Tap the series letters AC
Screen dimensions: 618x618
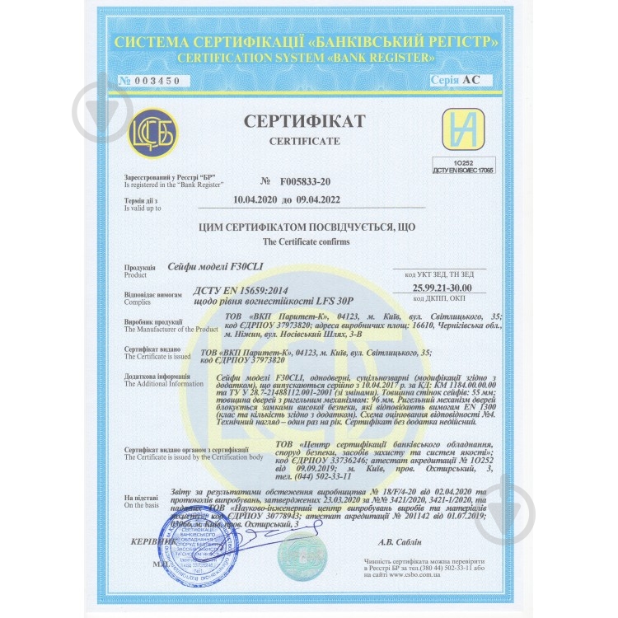(x=471, y=80)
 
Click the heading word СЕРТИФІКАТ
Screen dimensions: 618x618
(x=304, y=122)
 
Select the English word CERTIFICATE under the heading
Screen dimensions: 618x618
(x=304, y=141)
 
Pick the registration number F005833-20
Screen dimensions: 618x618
(x=305, y=180)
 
